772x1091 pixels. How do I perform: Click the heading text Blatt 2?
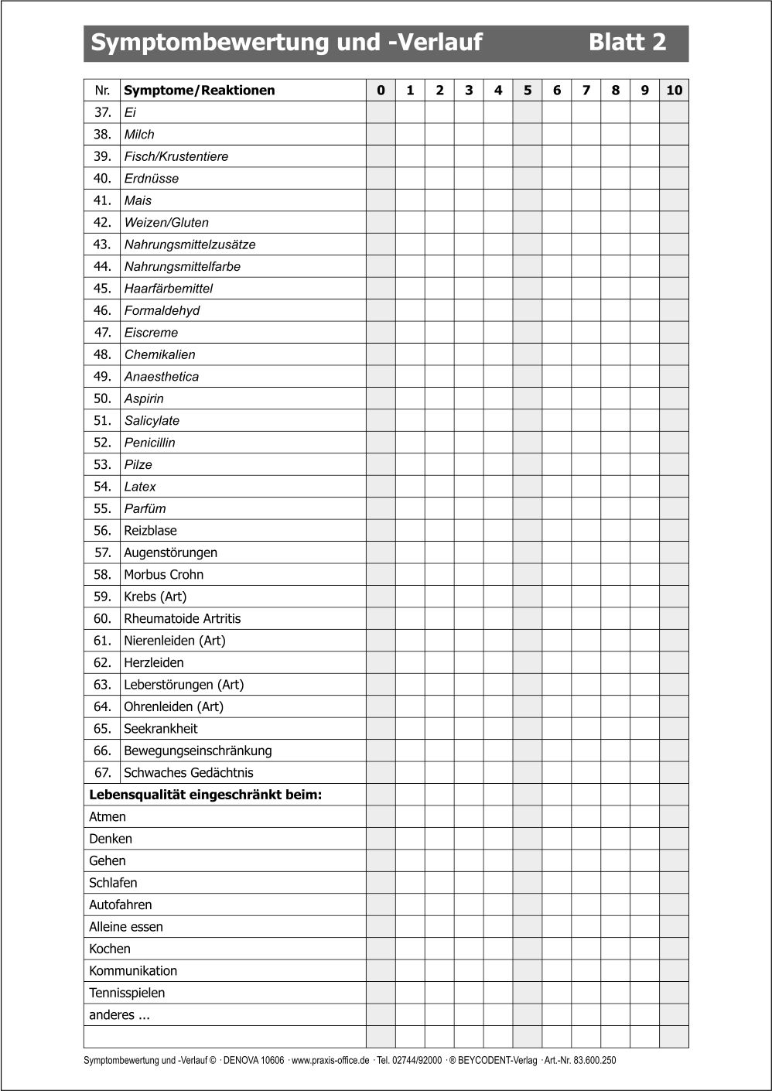[627, 42]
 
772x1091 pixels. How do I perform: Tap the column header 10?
[674, 91]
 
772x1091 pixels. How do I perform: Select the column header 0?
[381, 91]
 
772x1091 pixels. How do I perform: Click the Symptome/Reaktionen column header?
[200, 91]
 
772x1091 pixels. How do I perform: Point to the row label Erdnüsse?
[152, 179]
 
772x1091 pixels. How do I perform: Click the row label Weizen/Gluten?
[166, 223]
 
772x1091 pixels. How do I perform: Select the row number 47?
[103, 333]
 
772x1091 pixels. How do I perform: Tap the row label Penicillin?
[150, 443]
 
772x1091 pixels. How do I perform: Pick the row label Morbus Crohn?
[164, 575]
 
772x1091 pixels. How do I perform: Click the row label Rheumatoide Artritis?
[183, 619]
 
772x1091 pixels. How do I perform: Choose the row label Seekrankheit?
[161, 729]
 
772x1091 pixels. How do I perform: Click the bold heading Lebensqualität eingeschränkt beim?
[206, 795]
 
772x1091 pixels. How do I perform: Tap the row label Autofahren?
[121, 905]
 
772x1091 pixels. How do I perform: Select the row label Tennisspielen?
[127, 994]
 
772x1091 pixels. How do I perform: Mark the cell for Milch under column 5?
[528, 135]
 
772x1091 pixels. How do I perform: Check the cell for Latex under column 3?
[469, 487]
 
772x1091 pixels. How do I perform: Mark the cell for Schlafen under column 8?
[616, 883]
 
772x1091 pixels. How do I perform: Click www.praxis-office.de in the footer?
[330, 1061]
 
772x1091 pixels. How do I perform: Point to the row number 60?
[103, 619]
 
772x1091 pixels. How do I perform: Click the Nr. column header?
[103, 91]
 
